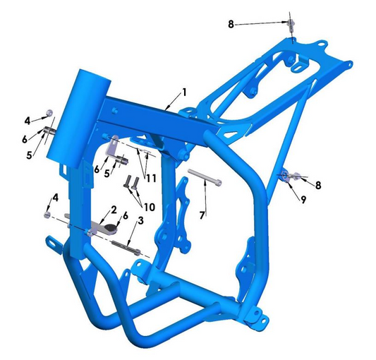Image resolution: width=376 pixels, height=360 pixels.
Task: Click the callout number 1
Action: pyautogui.click(x=184, y=92)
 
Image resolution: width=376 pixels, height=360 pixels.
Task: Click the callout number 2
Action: pyautogui.click(x=112, y=209)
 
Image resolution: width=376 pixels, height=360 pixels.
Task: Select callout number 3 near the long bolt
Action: pyautogui.click(x=140, y=222)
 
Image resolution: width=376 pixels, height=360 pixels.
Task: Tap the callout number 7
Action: pyautogui.click(x=202, y=213)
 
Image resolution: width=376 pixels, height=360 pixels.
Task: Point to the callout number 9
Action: pyautogui.click(x=303, y=200)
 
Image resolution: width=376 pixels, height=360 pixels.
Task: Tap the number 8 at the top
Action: pyautogui.click(x=230, y=25)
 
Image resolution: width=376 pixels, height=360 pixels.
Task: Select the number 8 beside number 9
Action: pyautogui.click(x=318, y=185)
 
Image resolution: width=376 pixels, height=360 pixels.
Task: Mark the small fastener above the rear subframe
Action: pyautogui.click(x=291, y=25)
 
